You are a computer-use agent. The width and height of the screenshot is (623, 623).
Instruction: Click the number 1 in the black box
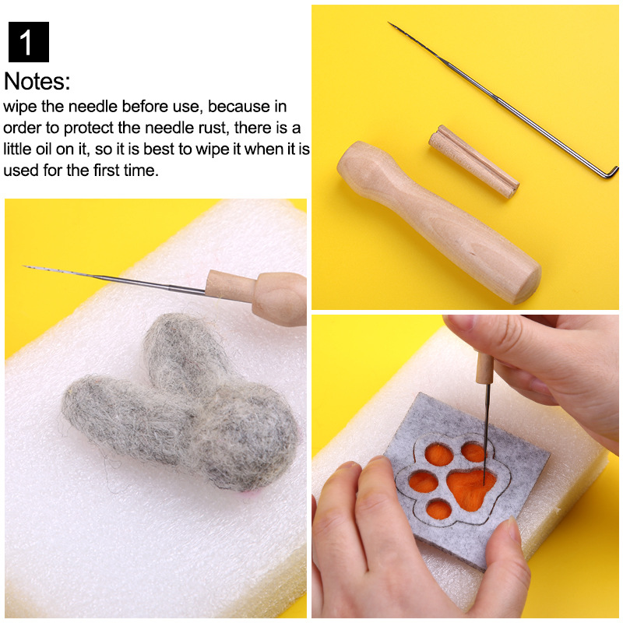28,43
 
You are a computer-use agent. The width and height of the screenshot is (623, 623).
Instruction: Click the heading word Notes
37,81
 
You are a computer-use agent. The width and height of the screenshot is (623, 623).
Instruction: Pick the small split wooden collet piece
473,161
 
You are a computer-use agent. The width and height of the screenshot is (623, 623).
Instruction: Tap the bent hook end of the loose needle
611,171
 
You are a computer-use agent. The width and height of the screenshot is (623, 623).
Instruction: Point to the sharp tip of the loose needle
391,25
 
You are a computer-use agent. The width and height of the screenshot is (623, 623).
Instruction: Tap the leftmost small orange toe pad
423,480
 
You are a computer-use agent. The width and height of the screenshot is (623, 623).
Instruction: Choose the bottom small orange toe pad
440,510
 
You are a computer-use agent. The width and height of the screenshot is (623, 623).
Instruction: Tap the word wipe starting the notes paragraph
19,107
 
